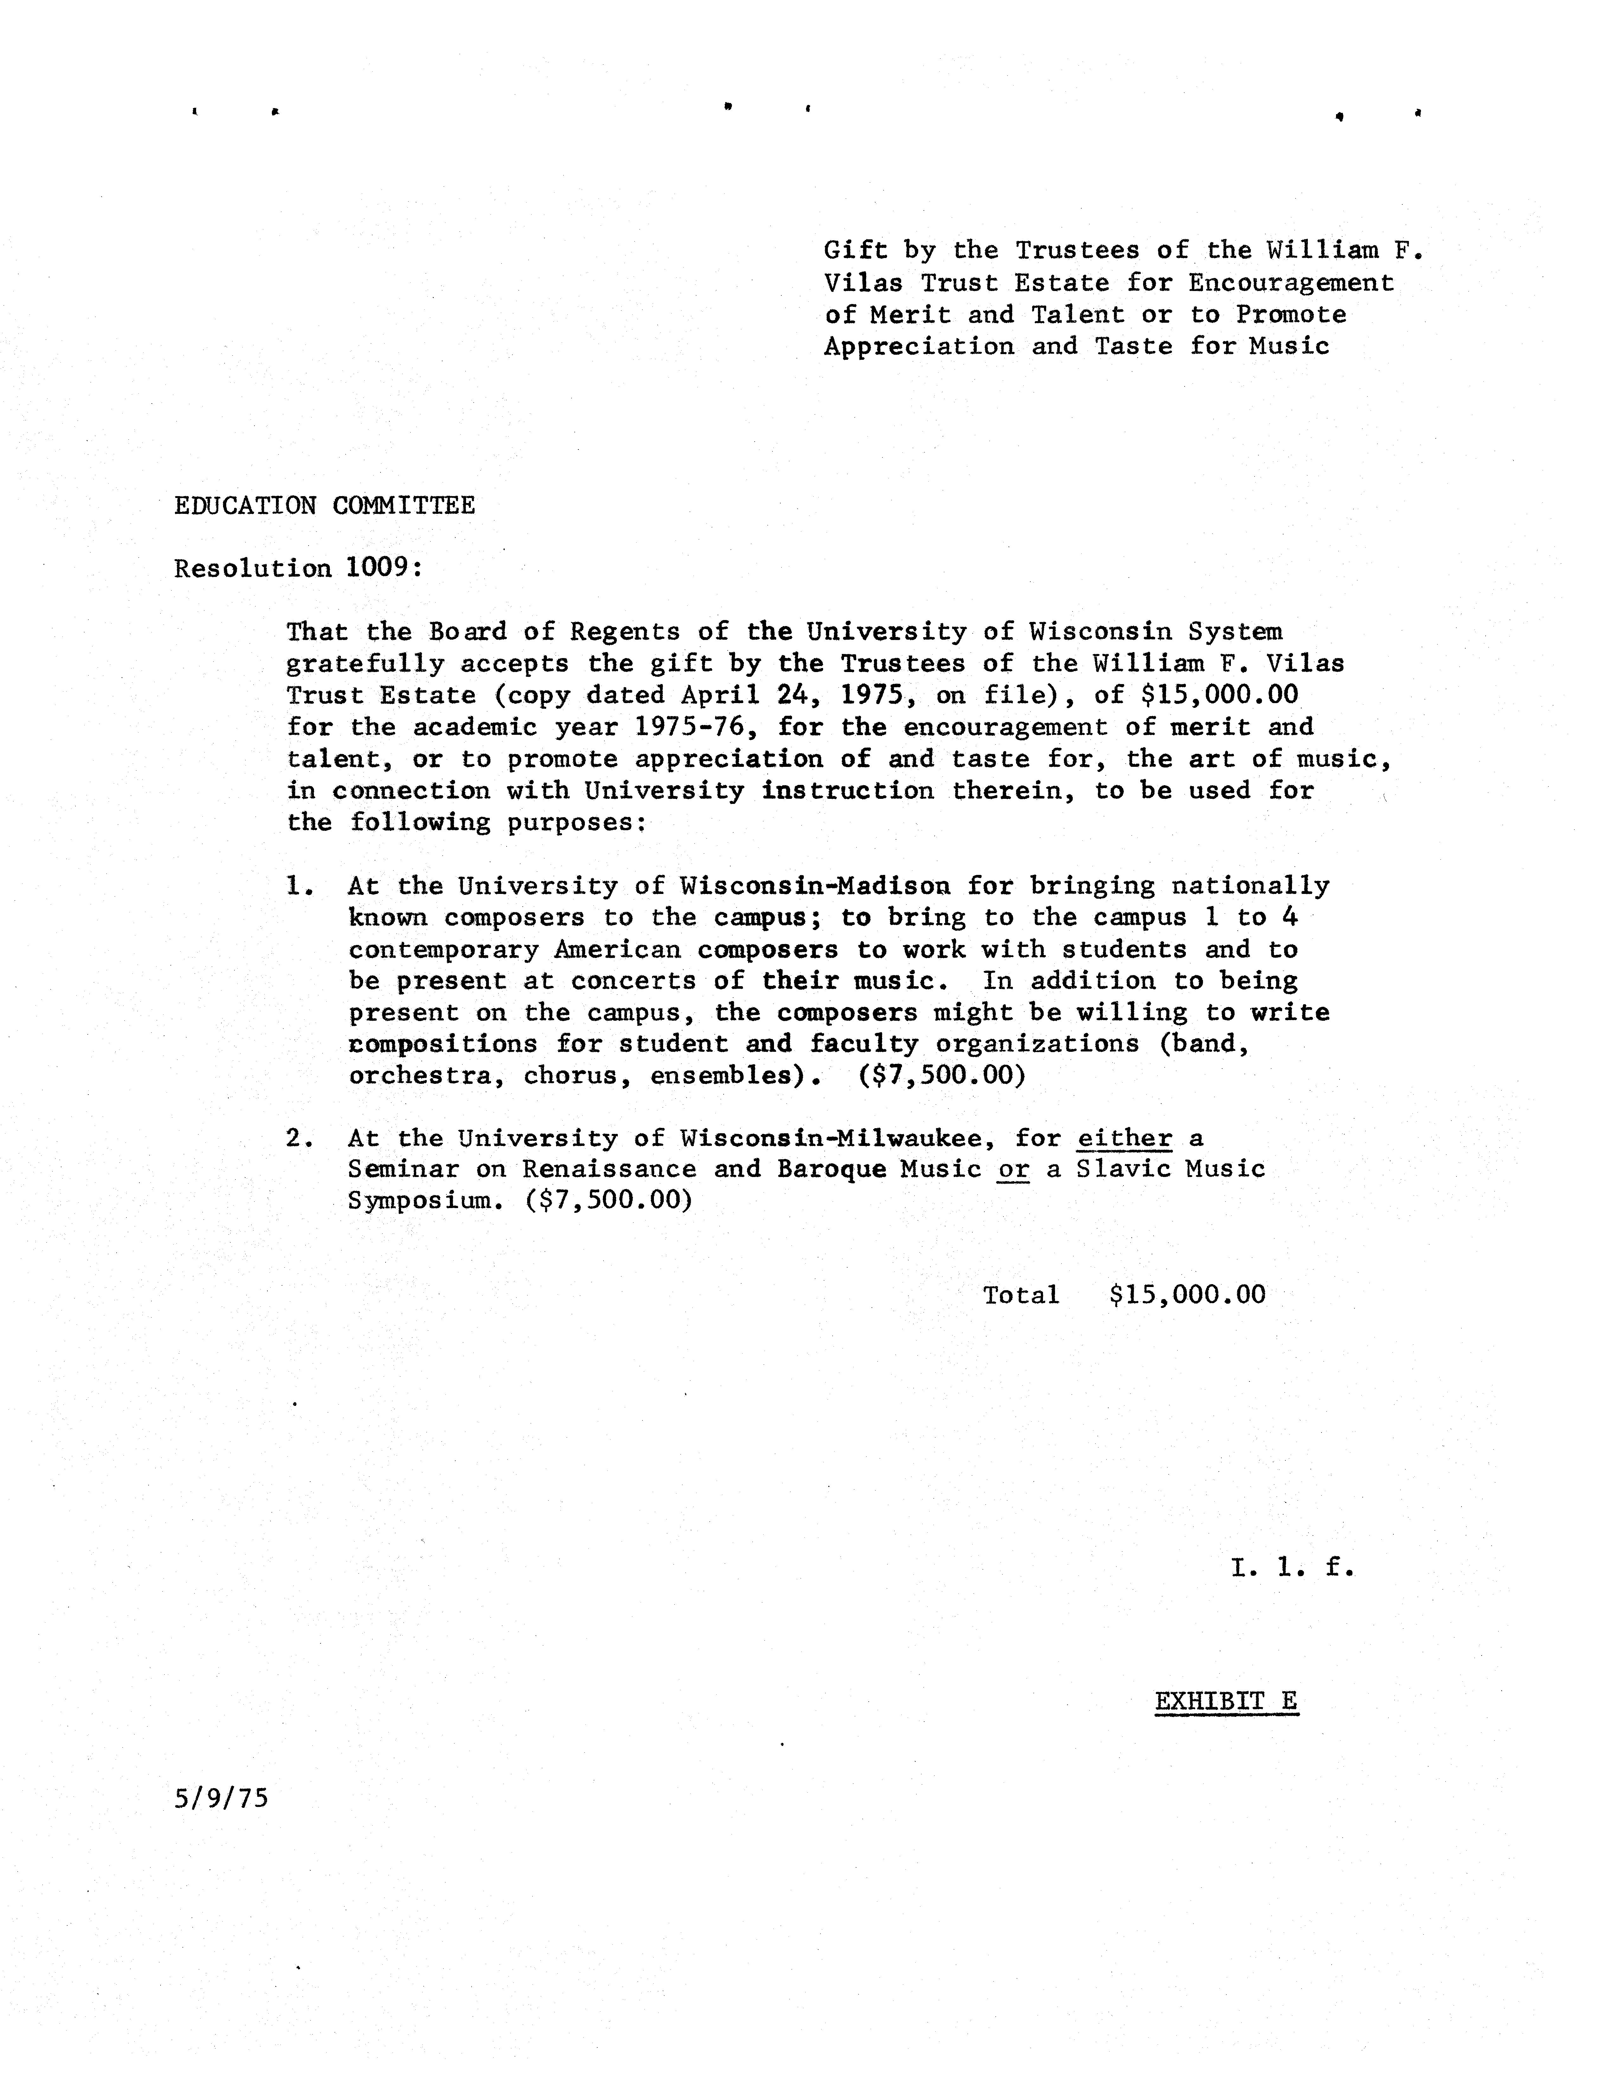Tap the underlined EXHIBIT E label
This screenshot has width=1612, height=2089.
coord(1226,1701)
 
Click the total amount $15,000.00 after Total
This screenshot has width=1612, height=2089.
coord(1187,1295)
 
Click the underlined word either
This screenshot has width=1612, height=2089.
coord(1124,1138)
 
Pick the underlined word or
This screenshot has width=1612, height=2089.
coord(1013,1169)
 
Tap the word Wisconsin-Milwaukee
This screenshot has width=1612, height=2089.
coord(831,1138)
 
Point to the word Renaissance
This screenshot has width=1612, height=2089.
coord(609,1169)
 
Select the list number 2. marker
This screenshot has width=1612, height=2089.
coord(299,1138)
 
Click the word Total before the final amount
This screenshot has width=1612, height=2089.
coord(1021,1295)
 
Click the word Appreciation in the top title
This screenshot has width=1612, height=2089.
coord(919,346)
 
